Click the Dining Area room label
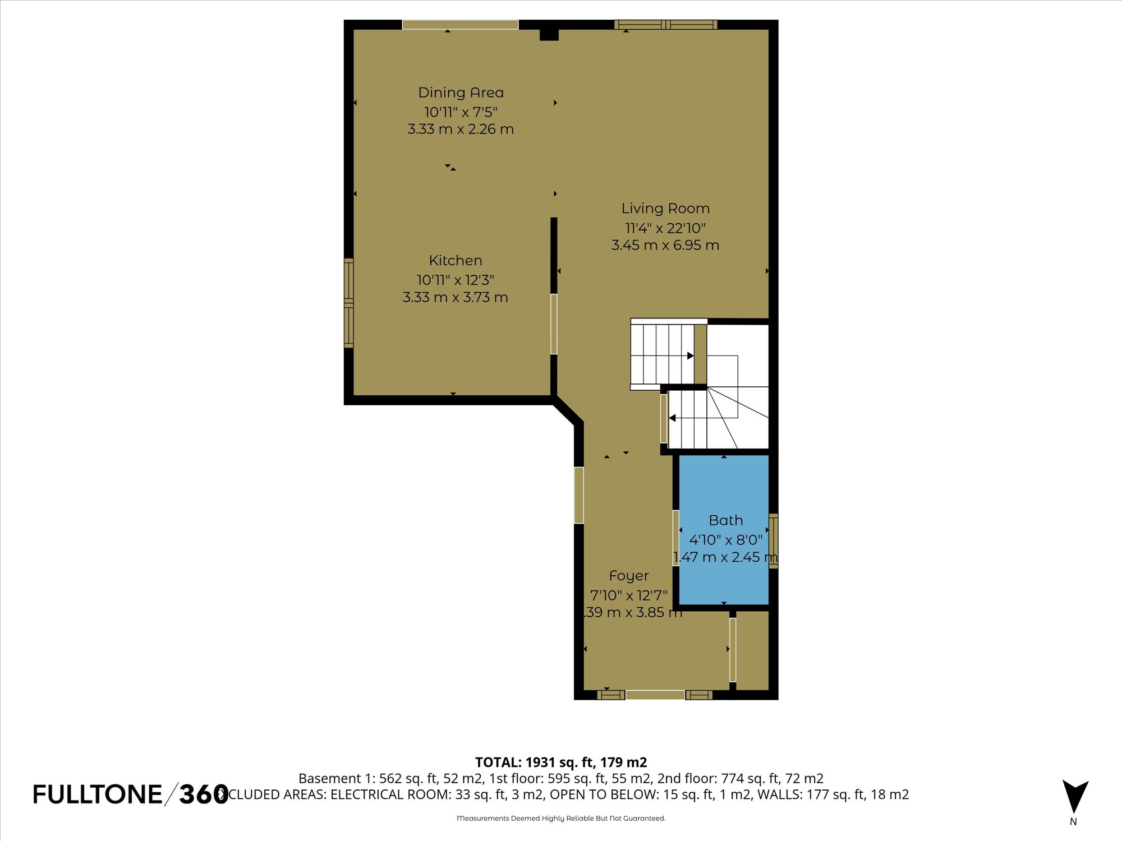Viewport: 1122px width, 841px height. (x=461, y=93)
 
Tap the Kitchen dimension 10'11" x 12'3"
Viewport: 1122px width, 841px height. (x=455, y=280)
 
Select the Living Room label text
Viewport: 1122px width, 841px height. (x=665, y=209)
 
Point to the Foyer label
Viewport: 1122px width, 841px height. (x=629, y=576)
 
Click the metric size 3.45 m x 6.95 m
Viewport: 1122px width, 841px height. (x=665, y=245)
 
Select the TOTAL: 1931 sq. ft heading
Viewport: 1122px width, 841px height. (x=561, y=763)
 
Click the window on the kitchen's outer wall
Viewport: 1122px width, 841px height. (x=348, y=303)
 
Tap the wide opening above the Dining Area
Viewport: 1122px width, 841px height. (x=460, y=25)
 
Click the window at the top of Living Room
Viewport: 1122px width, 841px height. (x=665, y=25)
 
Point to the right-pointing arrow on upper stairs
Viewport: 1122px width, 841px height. (x=691, y=355)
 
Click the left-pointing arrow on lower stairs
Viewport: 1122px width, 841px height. (x=672, y=418)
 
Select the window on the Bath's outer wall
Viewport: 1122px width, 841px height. (x=773, y=540)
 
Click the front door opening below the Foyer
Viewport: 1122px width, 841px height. (x=655, y=695)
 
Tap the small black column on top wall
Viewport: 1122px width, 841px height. (x=549, y=35)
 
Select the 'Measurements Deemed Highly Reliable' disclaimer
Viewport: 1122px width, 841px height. (x=561, y=819)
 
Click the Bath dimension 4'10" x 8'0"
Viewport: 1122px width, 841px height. (x=725, y=540)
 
